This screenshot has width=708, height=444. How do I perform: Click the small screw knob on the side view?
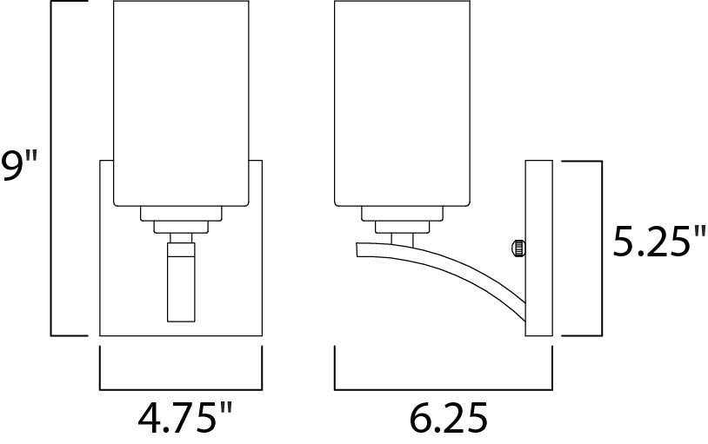(516, 249)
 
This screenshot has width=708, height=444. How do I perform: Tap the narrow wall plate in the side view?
(539, 249)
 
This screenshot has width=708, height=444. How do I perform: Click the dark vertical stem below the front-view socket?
(181, 282)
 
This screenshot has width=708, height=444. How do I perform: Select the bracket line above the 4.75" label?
(181, 388)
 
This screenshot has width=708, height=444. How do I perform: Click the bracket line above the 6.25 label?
(444, 388)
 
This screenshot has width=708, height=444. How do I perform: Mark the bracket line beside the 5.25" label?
(601, 249)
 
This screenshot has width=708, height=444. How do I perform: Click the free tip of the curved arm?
(360, 249)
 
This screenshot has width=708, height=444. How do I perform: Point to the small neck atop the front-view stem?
(181, 238)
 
